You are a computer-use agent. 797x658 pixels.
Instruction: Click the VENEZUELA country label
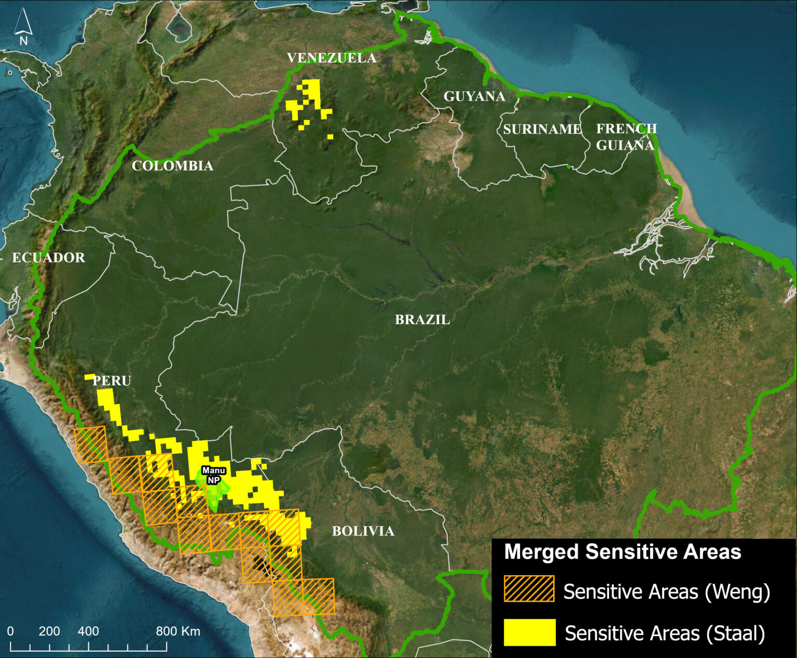point(332,58)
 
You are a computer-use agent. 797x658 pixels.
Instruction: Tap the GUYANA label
point(474,96)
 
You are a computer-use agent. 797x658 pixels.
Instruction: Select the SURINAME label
point(542,129)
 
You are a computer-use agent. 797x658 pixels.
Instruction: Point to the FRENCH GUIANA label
point(626,137)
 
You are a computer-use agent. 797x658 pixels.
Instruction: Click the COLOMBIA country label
point(172,166)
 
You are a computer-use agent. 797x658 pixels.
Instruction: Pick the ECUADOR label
point(48,258)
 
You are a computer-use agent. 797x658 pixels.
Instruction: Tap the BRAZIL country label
point(422,319)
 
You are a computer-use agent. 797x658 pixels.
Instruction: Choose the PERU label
point(112,381)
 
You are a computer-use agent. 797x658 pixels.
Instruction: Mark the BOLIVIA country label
point(363,531)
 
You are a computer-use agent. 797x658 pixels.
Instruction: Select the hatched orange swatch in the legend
point(529,589)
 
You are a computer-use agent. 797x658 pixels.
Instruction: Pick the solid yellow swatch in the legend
point(529,632)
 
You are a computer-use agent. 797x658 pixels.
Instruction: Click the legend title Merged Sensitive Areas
point(622,552)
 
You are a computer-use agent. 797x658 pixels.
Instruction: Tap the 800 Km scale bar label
point(178,631)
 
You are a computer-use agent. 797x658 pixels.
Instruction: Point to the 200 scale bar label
point(49,631)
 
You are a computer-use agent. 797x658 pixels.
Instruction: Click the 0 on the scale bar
point(10,631)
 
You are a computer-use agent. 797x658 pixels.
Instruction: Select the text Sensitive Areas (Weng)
point(667,591)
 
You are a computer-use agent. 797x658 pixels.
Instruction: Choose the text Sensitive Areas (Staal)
point(665,634)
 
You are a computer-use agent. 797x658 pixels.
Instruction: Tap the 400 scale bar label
point(88,631)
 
